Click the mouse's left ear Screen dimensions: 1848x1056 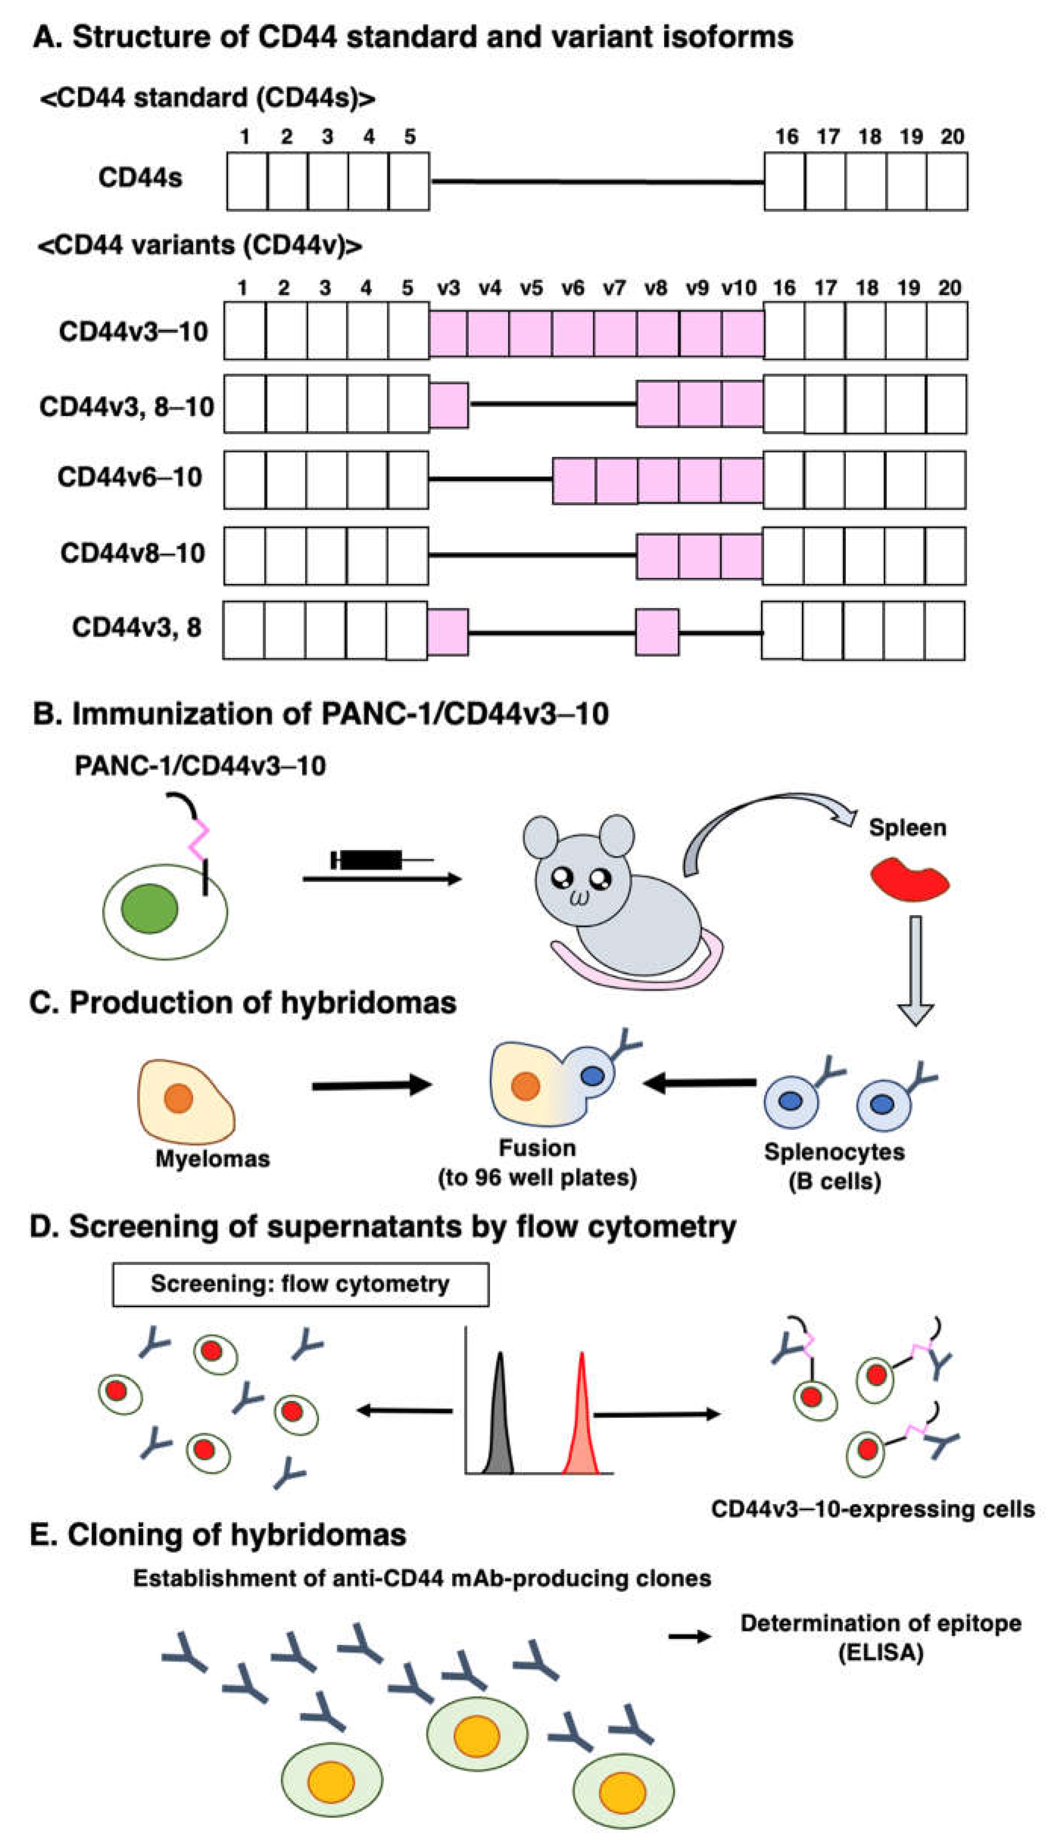(x=540, y=838)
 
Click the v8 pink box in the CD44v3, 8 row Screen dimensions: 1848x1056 (x=657, y=632)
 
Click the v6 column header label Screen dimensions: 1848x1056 (x=572, y=288)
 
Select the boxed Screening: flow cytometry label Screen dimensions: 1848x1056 (x=300, y=1284)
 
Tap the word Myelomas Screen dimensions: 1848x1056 (x=212, y=1159)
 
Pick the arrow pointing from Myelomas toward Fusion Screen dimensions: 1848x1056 (x=371, y=1085)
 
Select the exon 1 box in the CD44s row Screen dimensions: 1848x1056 (x=247, y=181)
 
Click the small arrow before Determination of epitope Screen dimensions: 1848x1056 (x=689, y=1636)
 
